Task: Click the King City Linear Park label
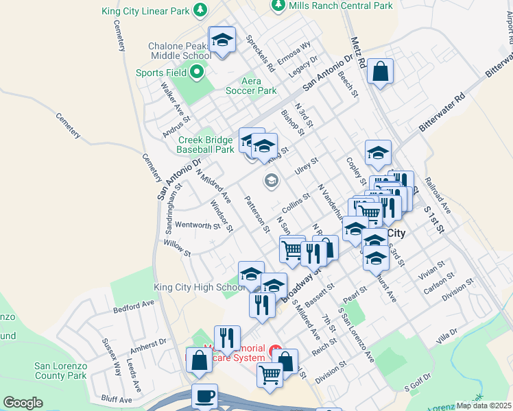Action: coord(145,10)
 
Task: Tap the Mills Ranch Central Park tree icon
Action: coord(278,5)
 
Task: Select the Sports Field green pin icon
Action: coord(197,72)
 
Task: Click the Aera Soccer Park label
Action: coord(253,86)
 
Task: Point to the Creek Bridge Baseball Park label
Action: coord(205,144)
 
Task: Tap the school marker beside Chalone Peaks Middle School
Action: coord(222,40)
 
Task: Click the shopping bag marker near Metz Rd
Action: coord(380,71)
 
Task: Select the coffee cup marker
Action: coord(204,397)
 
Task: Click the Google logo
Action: coord(23,402)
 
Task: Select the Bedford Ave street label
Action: coord(134,305)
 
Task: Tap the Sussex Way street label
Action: coord(111,356)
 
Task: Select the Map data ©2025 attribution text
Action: coord(484,406)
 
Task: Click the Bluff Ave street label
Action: coord(116,399)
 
